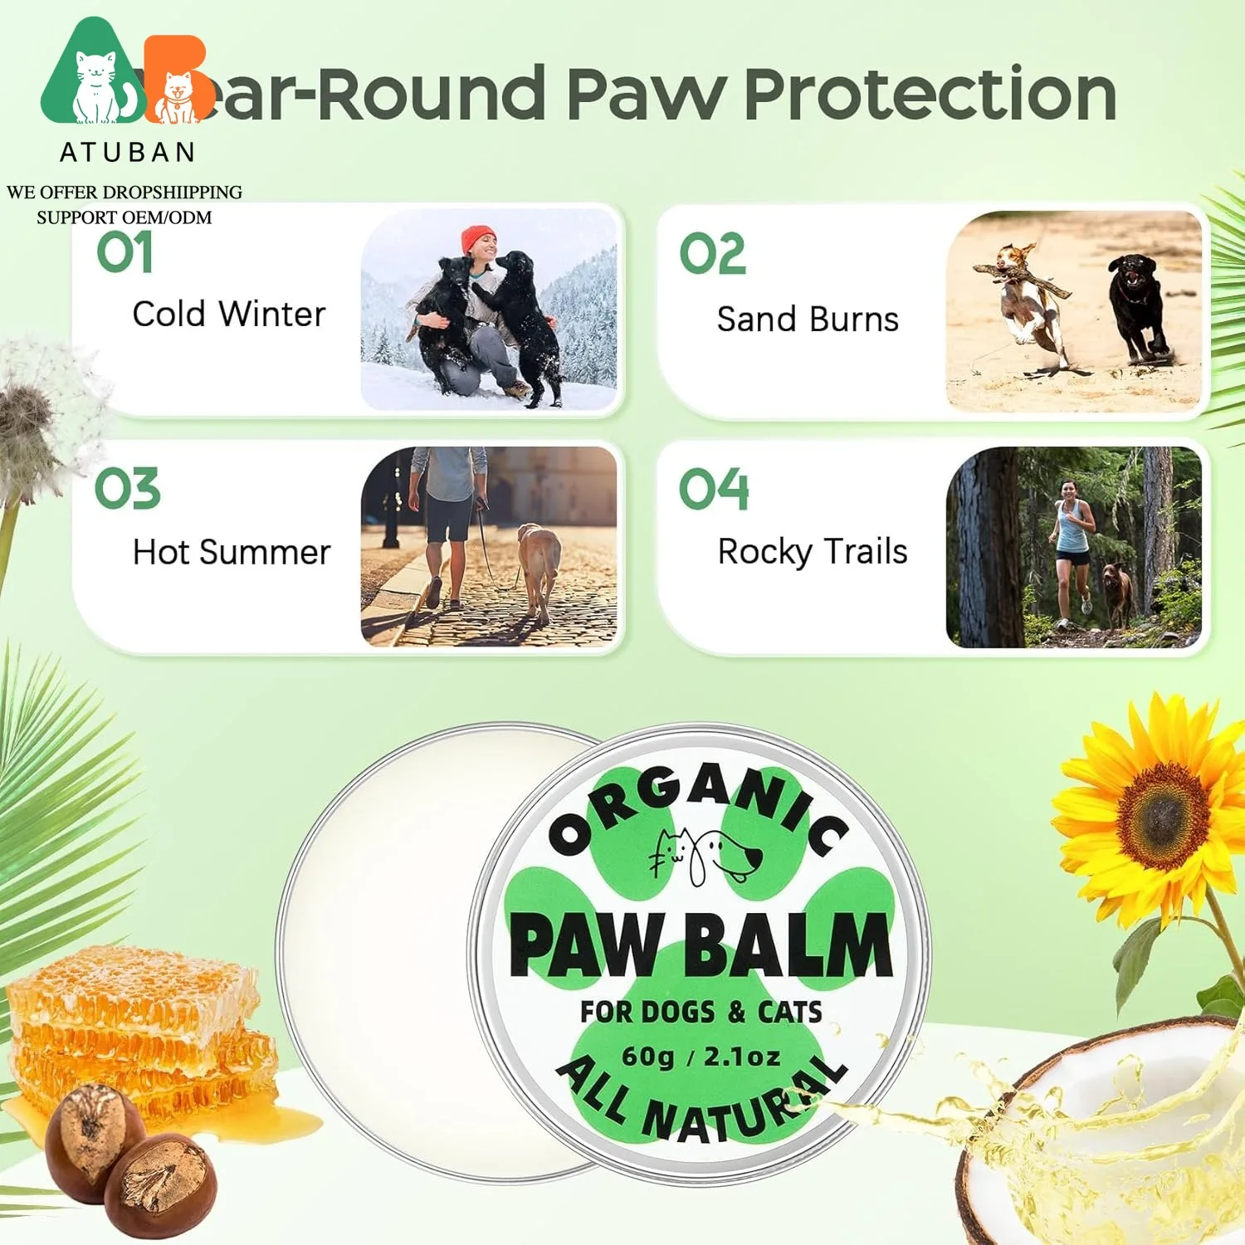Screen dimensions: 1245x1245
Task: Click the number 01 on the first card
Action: tap(124, 252)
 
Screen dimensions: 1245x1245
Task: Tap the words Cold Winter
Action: tap(228, 315)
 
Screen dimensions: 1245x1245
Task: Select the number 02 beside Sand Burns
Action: tap(712, 254)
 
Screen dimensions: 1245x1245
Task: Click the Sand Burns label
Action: tap(808, 320)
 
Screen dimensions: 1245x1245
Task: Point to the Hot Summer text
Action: tap(232, 552)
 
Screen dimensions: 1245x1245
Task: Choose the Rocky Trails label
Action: tap(813, 552)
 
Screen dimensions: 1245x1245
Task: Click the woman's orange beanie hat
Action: tap(478, 237)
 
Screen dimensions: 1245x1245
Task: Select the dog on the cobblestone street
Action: tap(539, 569)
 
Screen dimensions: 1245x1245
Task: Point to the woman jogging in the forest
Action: tap(1073, 548)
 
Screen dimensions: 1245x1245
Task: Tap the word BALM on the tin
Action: tap(788, 946)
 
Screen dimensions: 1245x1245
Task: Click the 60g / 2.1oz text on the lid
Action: tap(701, 1057)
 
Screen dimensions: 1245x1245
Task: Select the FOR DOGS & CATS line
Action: tap(701, 1012)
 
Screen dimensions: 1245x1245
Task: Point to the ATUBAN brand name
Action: tap(128, 152)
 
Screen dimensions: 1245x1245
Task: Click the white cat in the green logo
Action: tap(95, 87)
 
